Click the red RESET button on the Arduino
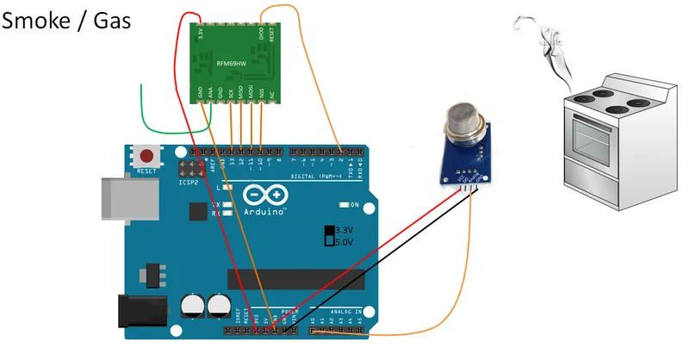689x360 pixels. pyautogui.click(x=148, y=156)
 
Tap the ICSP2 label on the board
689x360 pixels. pyautogui.click(x=189, y=183)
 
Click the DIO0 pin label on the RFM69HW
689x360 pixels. pyautogui.click(x=261, y=34)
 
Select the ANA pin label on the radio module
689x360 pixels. pyautogui.click(x=209, y=92)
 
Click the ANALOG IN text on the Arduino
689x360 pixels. pyautogui.click(x=344, y=312)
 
